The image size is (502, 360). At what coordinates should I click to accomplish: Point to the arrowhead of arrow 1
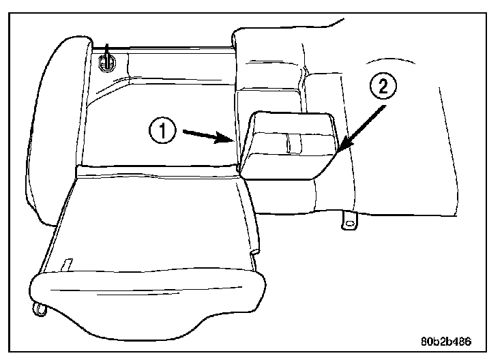click(235, 139)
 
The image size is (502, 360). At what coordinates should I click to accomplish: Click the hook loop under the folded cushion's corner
click(40, 310)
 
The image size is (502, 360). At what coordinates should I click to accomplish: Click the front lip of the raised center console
click(286, 167)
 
